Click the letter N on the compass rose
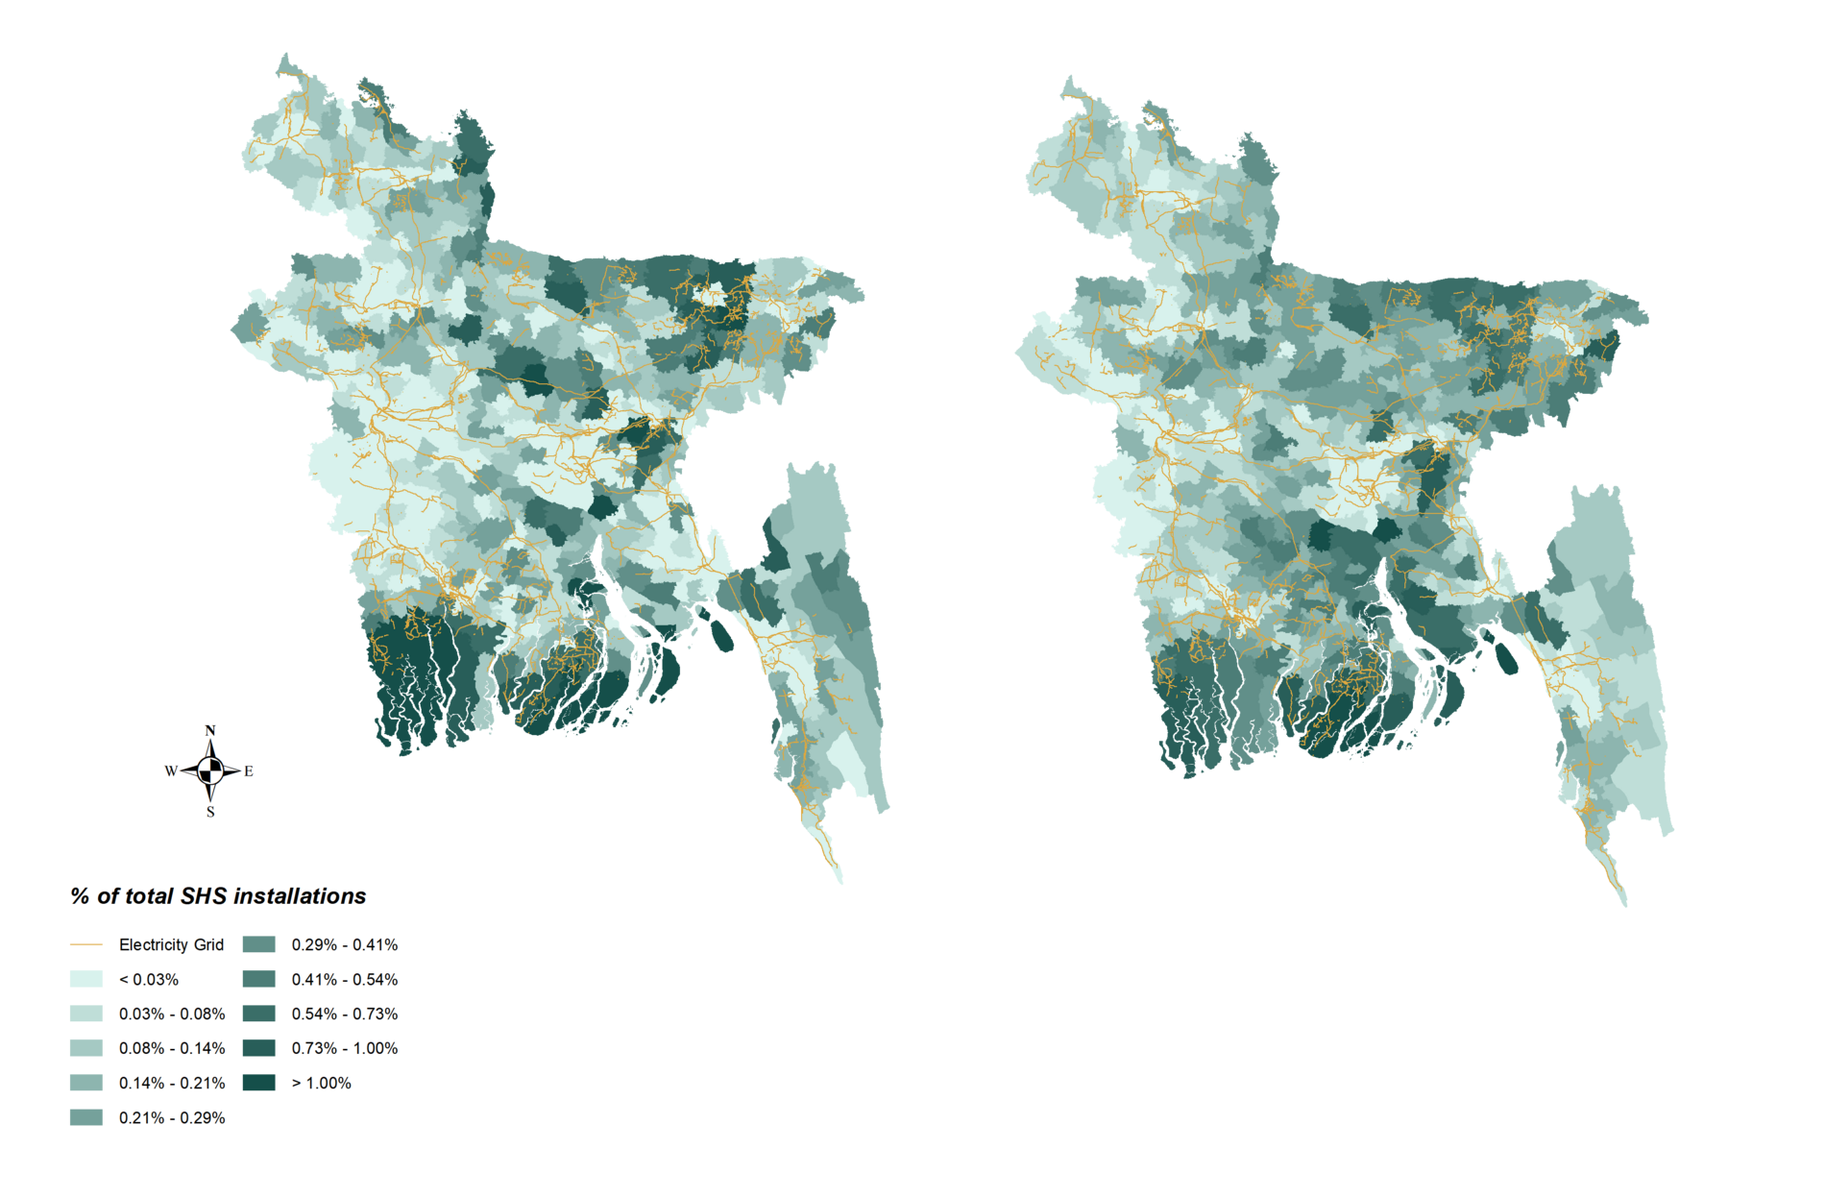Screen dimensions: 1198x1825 click(x=210, y=729)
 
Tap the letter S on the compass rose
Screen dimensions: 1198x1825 click(x=210, y=813)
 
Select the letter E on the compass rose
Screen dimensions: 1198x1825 click(x=249, y=771)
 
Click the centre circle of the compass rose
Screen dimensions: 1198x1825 click(x=210, y=770)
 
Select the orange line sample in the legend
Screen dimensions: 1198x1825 click(x=86, y=945)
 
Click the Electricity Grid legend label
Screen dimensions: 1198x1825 click(x=171, y=945)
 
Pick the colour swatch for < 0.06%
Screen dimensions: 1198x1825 click(x=86, y=979)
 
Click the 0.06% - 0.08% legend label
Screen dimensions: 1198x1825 click(x=172, y=1014)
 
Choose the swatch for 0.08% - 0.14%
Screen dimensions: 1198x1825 click(x=86, y=1048)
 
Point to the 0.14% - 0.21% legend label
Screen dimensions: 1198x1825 click(x=172, y=1083)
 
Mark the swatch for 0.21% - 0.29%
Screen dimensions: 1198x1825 click(x=86, y=1117)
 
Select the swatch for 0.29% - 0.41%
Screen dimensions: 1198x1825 click(x=259, y=945)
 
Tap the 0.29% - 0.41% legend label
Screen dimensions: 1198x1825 click(x=345, y=945)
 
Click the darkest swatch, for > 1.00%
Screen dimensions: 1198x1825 click(x=259, y=1083)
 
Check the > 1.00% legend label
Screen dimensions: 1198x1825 click(x=322, y=1083)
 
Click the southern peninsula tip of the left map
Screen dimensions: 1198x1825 click(x=839, y=880)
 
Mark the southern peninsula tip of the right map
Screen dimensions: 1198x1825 click(x=1624, y=903)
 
